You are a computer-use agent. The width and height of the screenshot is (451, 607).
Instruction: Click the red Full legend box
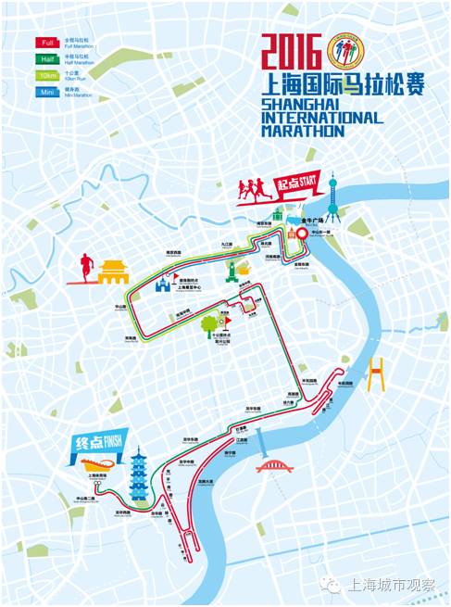click(47, 43)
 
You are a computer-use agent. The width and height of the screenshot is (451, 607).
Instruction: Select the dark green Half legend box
click(47, 58)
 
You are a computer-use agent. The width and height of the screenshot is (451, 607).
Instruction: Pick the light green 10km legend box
click(47, 74)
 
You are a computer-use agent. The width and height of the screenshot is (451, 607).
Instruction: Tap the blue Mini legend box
click(47, 91)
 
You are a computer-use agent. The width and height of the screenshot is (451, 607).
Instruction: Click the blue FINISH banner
click(94, 443)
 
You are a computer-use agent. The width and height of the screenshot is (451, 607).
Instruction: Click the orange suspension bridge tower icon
click(375, 374)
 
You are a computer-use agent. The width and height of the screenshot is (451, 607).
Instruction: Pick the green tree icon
click(210, 326)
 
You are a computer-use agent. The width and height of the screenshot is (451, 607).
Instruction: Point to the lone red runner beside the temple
click(85, 266)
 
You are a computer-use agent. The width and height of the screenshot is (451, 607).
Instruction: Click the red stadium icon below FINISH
click(97, 462)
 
